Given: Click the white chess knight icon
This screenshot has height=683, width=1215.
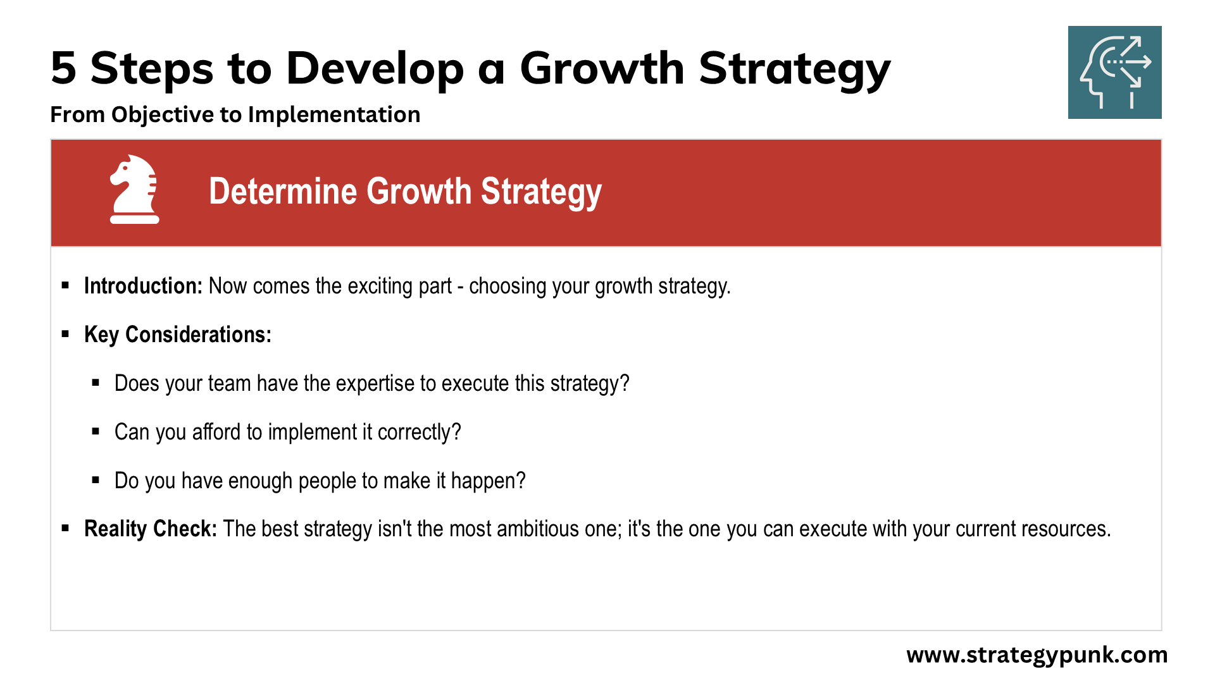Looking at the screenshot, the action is coord(134,189).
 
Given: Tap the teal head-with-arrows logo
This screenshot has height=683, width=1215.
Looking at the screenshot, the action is coord(1114,72).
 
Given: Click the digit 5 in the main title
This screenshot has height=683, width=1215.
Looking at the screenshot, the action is coord(63,68).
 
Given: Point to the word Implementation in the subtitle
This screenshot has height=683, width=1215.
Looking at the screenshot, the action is coord(334,115).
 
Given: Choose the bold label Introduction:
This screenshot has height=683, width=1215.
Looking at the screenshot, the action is coord(143,286).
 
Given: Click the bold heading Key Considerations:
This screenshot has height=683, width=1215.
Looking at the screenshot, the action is coord(178,335).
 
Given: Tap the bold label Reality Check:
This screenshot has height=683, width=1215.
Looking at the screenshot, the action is coord(151,529).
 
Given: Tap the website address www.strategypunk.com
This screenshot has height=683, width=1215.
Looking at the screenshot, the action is coord(1037,655).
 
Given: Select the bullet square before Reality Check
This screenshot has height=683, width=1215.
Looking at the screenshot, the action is coord(65,527).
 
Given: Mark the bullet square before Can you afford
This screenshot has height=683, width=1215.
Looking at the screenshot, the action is coord(96,431).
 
